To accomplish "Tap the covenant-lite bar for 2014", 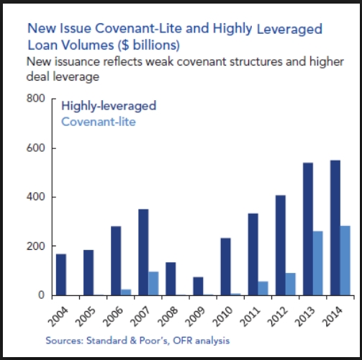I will tap(346, 260).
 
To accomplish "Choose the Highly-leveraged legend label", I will tap(109, 106).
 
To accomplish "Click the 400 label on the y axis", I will tap(36, 197).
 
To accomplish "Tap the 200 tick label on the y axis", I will tap(36, 246).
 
